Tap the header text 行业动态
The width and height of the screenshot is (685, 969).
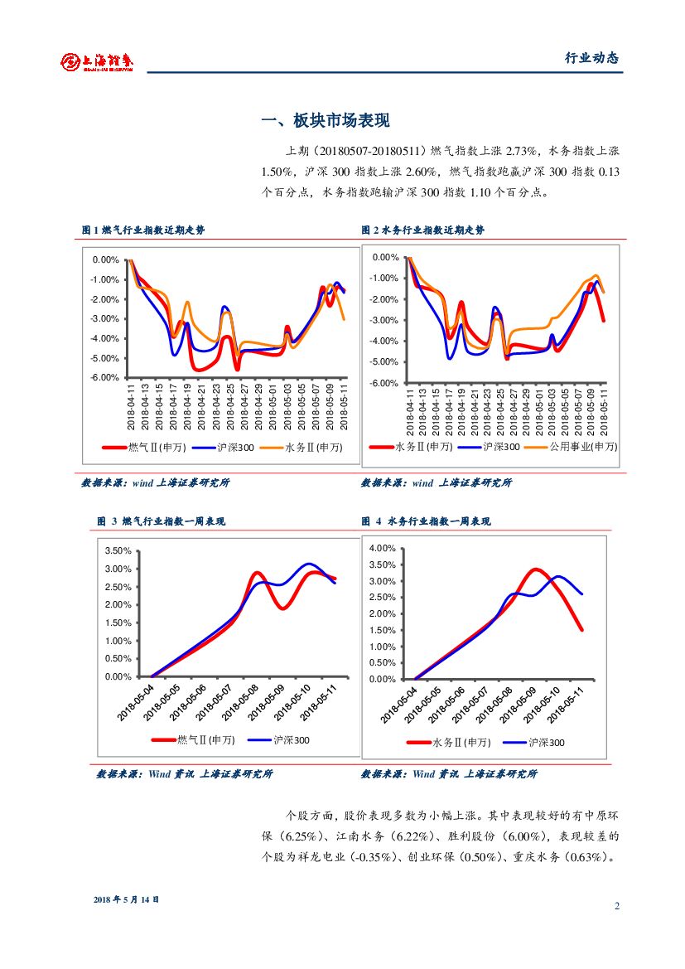(x=591, y=58)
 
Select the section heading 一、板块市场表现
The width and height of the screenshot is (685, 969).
(x=325, y=121)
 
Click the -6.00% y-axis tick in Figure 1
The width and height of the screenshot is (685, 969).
(x=105, y=378)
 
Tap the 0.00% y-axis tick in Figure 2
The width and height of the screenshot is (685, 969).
(x=386, y=258)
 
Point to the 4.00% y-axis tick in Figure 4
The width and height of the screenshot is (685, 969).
(x=382, y=548)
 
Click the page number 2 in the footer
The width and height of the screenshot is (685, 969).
(x=617, y=905)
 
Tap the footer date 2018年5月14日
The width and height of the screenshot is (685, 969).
(x=126, y=899)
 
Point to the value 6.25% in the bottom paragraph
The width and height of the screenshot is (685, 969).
(x=304, y=836)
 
